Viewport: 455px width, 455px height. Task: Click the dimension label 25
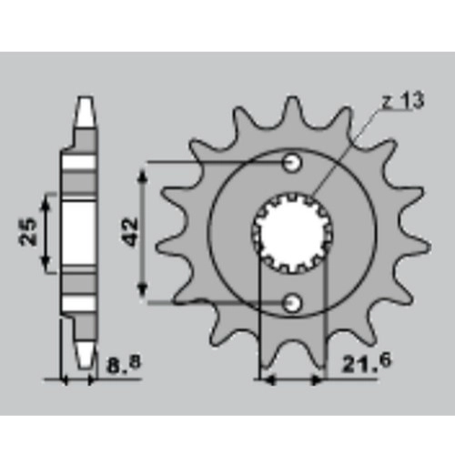pyautogui.click(x=28, y=231)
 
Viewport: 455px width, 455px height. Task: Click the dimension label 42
pyautogui.click(x=130, y=232)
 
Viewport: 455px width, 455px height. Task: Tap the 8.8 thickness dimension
pyautogui.click(x=124, y=365)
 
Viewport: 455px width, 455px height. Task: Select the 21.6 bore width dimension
pyautogui.click(x=367, y=363)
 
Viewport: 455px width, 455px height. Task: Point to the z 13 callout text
pyautogui.click(x=403, y=101)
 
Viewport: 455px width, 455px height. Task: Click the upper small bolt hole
pyautogui.click(x=292, y=163)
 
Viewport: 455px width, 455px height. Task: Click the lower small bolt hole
pyautogui.click(x=292, y=303)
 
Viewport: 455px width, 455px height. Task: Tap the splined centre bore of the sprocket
pyautogui.click(x=292, y=233)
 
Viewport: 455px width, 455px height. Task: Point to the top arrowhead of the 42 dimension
pyautogui.click(x=143, y=177)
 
